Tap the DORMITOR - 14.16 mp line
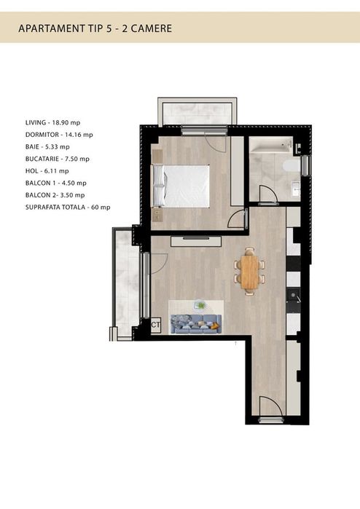(59, 135)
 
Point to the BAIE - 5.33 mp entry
(48, 146)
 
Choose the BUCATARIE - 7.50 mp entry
(57, 159)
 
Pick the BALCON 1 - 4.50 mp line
(55, 183)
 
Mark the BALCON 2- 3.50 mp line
(55, 194)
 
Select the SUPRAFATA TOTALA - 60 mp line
(67, 207)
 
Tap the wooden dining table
(249, 271)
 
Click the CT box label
(155, 325)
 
